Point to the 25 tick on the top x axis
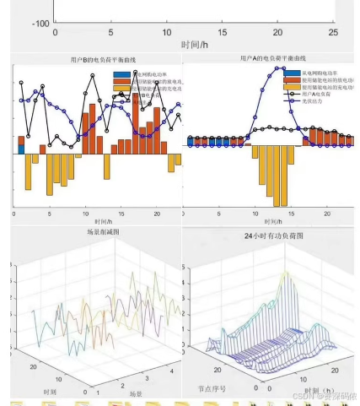coord(333,32)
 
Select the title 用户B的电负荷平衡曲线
coord(94,61)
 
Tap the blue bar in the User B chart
coord(21,149)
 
